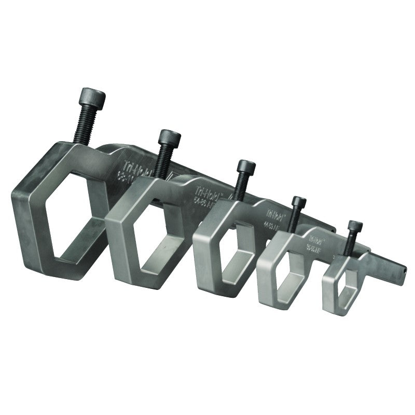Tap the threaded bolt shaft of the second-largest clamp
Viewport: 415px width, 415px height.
[x=165, y=160]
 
